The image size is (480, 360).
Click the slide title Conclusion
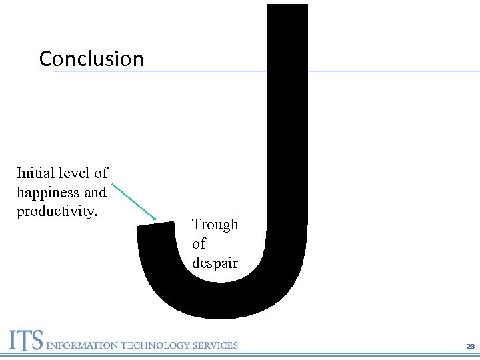[x=91, y=59]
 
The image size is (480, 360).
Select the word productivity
[x=58, y=212]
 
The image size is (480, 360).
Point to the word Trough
[x=215, y=225]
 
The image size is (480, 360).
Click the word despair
[x=215, y=263]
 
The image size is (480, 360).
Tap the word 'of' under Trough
[x=199, y=244]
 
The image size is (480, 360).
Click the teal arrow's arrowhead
[x=153, y=218]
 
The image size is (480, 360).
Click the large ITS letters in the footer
[x=25, y=341]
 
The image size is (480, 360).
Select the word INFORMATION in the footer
[x=80, y=345]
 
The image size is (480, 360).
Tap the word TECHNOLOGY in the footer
[x=155, y=345]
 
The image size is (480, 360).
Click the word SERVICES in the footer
[x=215, y=345]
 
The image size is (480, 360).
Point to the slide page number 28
[x=471, y=347]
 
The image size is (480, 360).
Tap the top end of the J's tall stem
[x=287, y=8]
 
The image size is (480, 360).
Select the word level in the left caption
[x=73, y=173]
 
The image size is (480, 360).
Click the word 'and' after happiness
[x=95, y=193]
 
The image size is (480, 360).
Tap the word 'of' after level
[x=101, y=173]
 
